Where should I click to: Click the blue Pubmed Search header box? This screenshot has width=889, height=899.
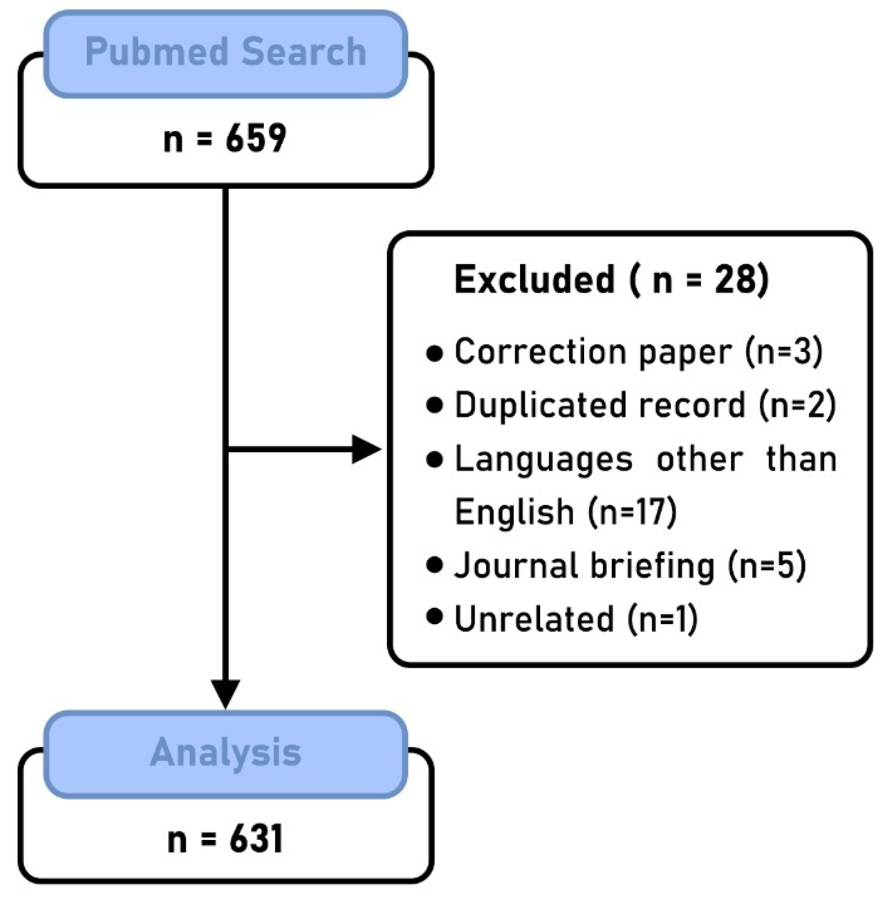point(225,53)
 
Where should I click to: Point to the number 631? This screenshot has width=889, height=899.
point(256,839)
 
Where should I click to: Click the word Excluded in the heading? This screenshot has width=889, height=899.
point(534,279)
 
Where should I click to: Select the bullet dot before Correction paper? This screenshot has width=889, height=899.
point(434,353)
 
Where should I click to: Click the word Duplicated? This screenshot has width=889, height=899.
point(540,405)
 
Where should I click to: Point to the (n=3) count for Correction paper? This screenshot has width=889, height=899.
point(783,351)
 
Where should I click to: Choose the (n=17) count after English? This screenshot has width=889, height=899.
point(633,512)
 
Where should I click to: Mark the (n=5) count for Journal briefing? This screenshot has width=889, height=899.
point(767,566)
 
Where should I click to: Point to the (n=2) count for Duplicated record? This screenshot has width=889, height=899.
point(797,405)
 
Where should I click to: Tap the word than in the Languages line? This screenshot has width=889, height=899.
point(801,459)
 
